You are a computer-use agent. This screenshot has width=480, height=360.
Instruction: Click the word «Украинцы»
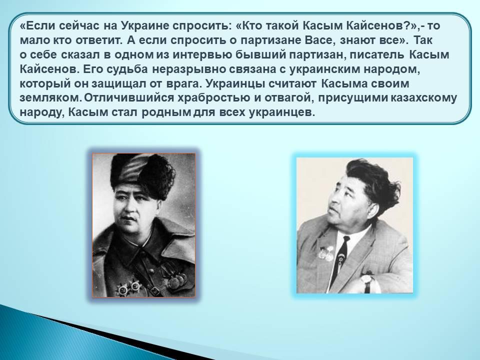[234, 84]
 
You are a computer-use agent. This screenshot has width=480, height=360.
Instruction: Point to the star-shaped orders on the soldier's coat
[129, 287]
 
